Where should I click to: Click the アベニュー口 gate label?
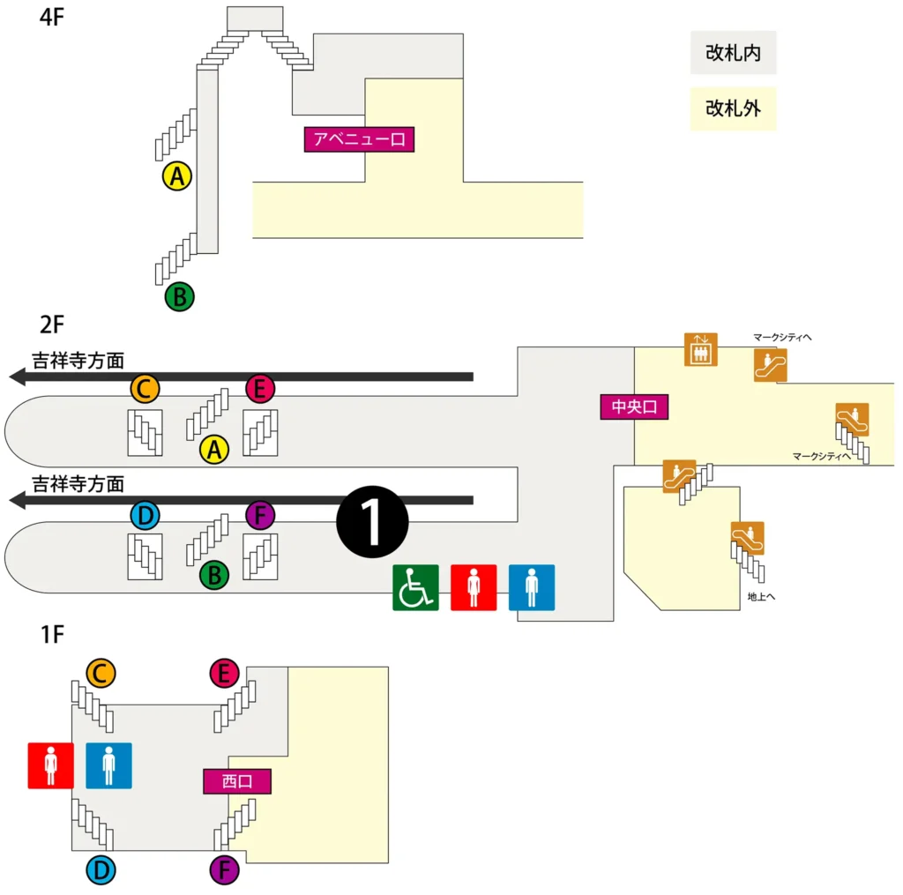coord(359,139)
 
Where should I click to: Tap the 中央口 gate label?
coord(635,406)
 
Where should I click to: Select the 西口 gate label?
coord(237,780)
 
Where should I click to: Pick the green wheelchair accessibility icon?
coord(415,587)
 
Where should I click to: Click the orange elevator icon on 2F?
coord(701,349)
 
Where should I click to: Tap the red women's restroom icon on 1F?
coord(50,764)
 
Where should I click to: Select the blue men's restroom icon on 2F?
coord(532,587)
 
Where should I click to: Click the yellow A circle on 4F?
coord(178,176)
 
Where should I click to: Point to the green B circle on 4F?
coord(179,296)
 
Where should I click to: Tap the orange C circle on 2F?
coord(145,387)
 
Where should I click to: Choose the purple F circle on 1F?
coord(225,871)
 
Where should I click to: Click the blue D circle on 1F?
coord(101,871)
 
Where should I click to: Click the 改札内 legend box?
coord(733,54)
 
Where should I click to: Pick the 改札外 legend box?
coord(733,108)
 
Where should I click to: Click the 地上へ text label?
coord(761,597)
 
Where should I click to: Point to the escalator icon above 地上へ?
coord(748,537)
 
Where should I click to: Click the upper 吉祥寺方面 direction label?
coord(78,360)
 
